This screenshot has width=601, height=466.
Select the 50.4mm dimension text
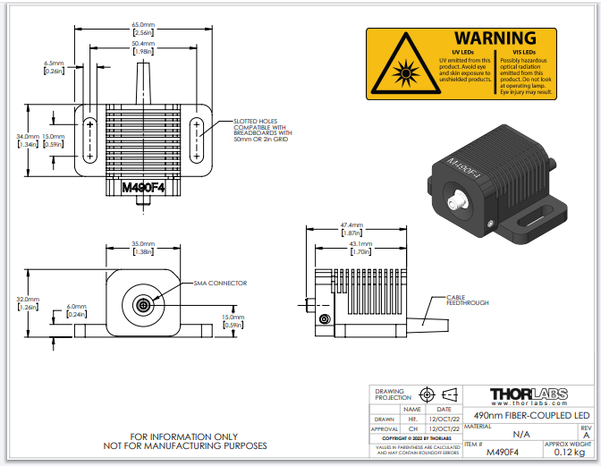143,43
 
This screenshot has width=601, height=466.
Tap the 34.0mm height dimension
28,136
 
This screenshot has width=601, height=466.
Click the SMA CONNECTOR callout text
220,283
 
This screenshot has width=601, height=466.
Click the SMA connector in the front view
143,305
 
